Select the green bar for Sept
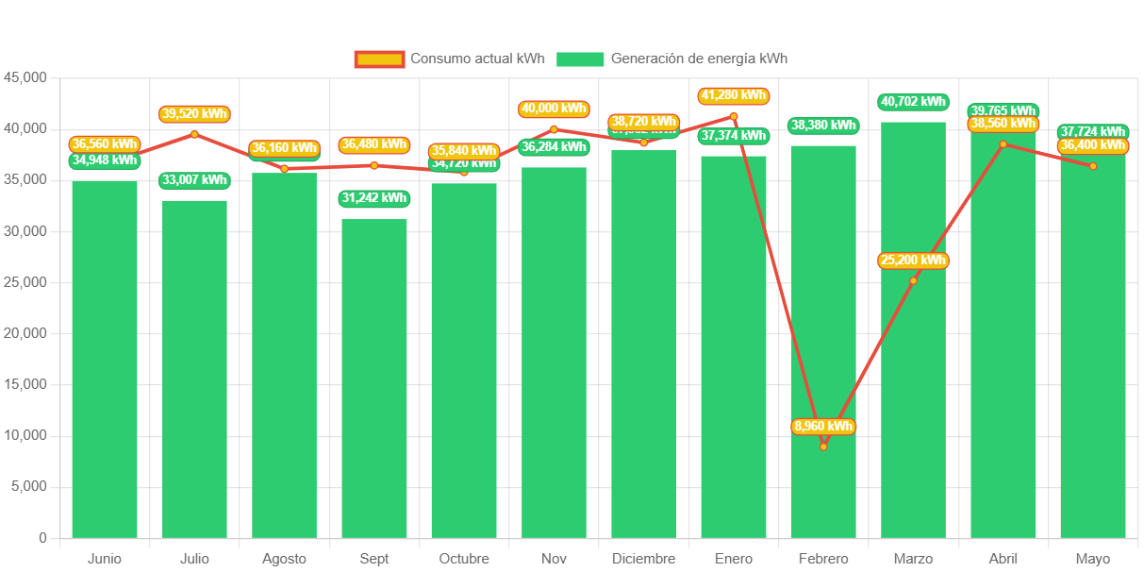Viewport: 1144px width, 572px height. point(374,378)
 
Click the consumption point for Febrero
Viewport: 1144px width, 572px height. point(823,446)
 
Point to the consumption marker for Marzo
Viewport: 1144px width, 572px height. point(913,280)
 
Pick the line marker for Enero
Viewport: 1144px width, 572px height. point(734,116)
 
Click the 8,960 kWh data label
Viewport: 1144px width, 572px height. point(823,427)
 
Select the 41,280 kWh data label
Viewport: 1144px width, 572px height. point(734,95)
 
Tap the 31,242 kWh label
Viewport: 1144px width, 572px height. point(374,198)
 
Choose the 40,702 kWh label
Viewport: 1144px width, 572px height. point(913,101)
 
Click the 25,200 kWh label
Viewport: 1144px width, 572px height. point(913,261)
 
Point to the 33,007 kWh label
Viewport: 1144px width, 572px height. point(194,179)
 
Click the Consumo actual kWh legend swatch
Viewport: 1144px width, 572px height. point(379,59)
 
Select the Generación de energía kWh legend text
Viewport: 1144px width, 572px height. point(699,59)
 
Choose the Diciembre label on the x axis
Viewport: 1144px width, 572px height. point(643,559)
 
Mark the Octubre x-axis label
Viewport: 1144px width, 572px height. point(464,559)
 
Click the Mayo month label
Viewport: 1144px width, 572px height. point(1092,559)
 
